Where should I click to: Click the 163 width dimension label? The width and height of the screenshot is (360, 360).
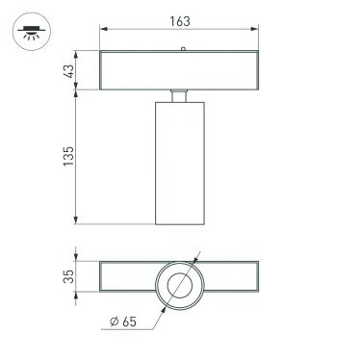[x=180, y=20]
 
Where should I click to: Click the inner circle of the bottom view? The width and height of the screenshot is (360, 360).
[x=179, y=285]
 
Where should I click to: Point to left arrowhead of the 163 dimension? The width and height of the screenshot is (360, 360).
[x=103, y=29]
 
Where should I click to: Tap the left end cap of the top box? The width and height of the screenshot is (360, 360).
[x=102, y=69]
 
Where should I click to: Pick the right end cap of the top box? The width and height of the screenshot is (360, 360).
[x=256, y=69]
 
